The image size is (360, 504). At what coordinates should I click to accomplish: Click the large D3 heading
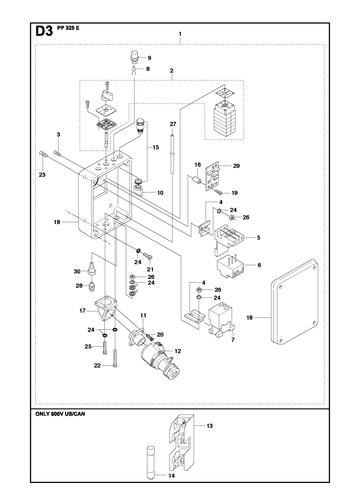click(44, 31)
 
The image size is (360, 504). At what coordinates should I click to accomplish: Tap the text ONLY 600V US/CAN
click(60, 414)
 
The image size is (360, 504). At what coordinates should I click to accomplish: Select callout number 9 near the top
click(149, 58)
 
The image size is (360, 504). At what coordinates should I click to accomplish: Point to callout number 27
click(173, 124)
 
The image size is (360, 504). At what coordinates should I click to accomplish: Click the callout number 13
click(209, 426)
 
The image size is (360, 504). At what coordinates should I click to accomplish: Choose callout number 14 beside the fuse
click(171, 475)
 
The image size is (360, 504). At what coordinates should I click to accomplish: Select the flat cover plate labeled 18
click(294, 303)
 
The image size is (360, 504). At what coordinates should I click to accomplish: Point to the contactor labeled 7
click(220, 319)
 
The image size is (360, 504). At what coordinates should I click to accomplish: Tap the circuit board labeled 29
click(213, 176)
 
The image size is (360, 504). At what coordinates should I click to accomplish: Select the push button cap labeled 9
click(134, 56)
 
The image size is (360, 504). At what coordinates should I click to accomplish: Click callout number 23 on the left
click(42, 175)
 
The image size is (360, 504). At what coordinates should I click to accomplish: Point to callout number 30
click(77, 271)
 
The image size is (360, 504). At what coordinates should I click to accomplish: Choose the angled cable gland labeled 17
click(105, 309)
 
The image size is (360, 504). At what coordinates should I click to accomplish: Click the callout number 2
click(171, 71)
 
